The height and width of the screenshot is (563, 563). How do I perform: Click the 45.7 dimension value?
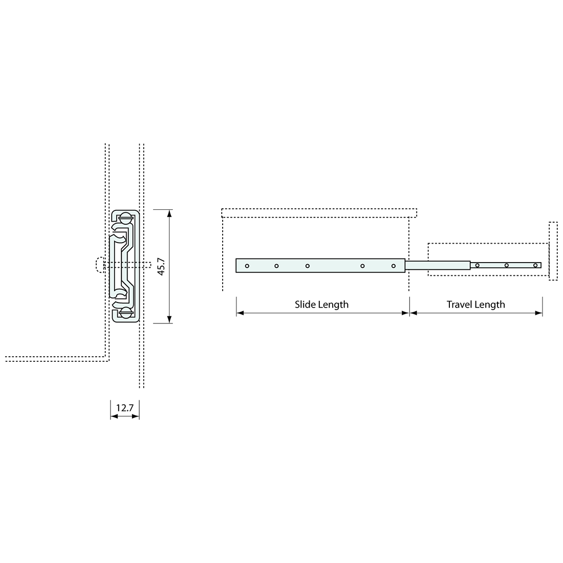pyautogui.click(x=161, y=266)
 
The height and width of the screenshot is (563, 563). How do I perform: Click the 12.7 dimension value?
pyautogui.click(x=124, y=408)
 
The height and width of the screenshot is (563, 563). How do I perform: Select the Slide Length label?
pyautogui.click(x=322, y=305)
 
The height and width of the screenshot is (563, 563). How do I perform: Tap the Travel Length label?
pyautogui.click(x=476, y=305)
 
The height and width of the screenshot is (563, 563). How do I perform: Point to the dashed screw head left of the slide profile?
pyautogui.click(x=99, y=265)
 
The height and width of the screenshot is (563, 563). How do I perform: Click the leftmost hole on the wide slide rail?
pyautogui.click(x=247, y=266)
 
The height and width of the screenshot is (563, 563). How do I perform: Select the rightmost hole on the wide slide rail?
pyautogui.click(x=394, y=266)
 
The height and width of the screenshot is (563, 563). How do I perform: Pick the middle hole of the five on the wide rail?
pyautogui.click(x=308, y=266)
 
